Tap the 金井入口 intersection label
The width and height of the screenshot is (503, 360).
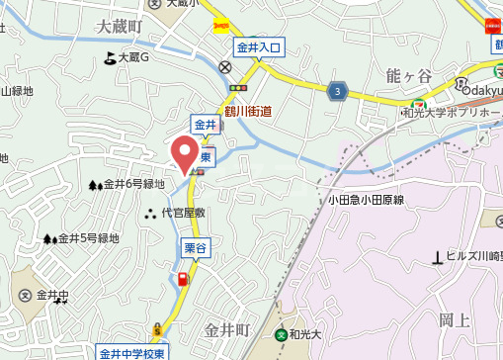click(260, 46)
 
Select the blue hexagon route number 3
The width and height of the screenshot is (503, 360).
click(339, 91)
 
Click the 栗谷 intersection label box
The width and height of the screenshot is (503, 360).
click(194, 248)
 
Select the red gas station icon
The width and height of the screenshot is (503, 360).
click(183, 278)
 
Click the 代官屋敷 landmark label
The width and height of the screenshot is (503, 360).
click(183, 213)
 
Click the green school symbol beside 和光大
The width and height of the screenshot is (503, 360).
click(282, 335)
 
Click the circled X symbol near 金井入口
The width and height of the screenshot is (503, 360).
click(226, 67)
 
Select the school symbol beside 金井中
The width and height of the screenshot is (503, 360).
click(24, 296)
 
